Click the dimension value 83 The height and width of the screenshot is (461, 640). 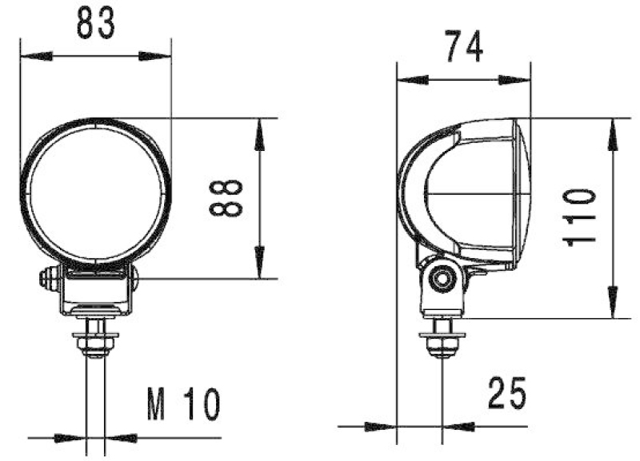click(96, 25)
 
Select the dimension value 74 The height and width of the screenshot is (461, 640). click(464, 48)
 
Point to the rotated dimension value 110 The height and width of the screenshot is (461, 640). click(579, 217)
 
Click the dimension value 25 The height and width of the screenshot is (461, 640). click(506, 394)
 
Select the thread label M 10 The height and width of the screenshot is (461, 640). click(183, 405)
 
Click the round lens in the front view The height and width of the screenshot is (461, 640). click(96, 193)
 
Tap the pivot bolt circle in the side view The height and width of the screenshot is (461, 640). click(440, 279)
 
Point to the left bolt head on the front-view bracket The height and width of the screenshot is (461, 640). click(48, 279)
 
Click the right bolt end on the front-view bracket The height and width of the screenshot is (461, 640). click(134, 279)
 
